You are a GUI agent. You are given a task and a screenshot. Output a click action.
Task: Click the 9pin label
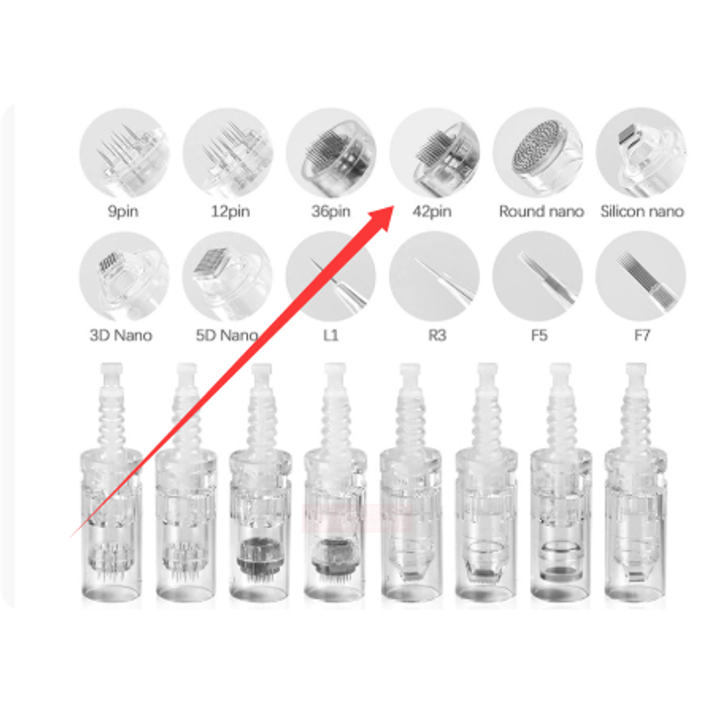pos(123,212)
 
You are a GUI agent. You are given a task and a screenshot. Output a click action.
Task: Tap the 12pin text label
pos(230,212)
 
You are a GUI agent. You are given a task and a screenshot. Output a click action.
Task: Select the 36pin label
pos(331,212)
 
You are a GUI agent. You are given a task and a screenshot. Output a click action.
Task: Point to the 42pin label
pos(432,212)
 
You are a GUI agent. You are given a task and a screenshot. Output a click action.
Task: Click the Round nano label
pos(541,212)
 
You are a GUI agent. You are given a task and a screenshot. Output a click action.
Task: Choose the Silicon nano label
pos(642,212)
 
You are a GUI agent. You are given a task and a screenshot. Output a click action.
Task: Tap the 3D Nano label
pos(121,336)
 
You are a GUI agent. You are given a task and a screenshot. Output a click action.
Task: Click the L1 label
pos(331,336)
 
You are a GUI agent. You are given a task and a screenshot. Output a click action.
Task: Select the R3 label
pos(437,336)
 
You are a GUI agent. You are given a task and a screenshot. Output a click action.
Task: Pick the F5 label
pos(539,336)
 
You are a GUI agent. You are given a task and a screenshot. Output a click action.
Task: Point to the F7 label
pos(642,336)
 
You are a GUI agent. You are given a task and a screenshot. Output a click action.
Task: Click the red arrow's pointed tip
pos(394,206)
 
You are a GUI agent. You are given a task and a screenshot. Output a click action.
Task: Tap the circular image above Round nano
pos(538,152)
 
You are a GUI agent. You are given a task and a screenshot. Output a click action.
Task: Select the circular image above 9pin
pos(124,153)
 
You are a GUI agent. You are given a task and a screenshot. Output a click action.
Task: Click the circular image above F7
pos(641,276)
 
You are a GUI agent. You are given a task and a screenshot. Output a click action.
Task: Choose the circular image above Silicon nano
pos(641,152)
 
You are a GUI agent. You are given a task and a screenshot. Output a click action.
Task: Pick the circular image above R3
pos(435,276)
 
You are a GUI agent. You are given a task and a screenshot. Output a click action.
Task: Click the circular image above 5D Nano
pos(228,276)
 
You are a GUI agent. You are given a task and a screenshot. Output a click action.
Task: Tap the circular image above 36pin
pos(331,153)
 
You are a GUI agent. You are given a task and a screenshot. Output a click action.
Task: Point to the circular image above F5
pos(538,276)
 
